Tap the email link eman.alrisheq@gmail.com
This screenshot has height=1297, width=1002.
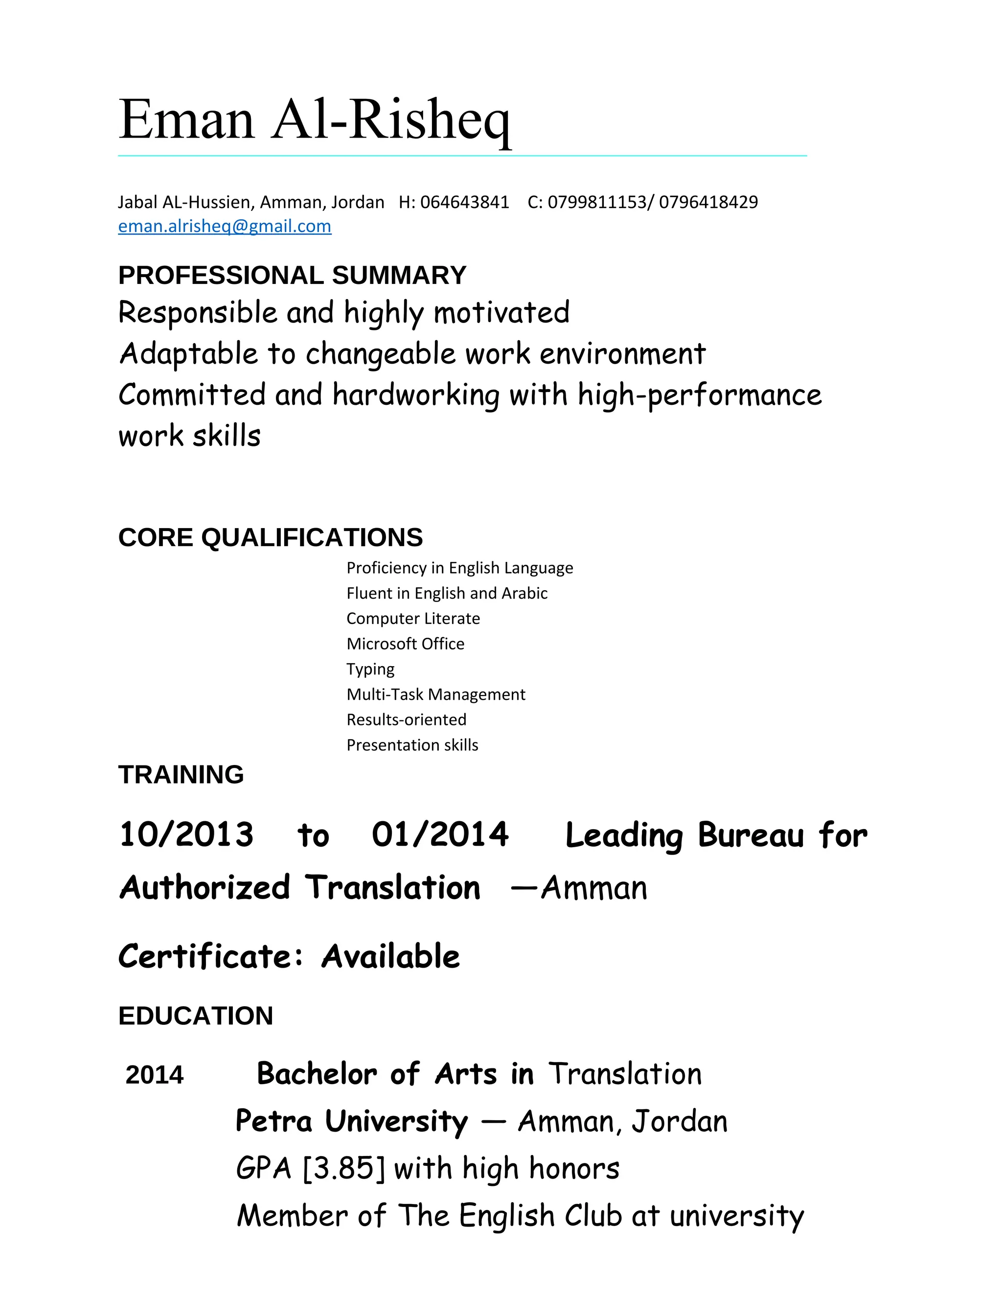tap(225, 226)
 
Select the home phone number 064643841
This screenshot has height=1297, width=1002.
tap(464, 203)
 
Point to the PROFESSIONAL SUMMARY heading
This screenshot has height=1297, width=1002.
tap(292, 276)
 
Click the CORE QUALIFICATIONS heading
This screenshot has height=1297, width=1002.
tap(270, 537)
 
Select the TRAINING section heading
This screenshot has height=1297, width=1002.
tap(181, 774)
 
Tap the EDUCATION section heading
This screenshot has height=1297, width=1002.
tap(195, 1016)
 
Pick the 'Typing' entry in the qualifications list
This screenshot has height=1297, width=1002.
tap(370, 669)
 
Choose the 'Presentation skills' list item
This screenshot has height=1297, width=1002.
tap(412, 745)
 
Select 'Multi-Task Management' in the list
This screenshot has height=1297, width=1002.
tap(436, 694)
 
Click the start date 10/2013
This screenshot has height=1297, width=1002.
tap(186, 834)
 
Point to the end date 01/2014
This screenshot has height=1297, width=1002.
tap(440, 834)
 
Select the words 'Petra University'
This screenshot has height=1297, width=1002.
tap(351, 1121)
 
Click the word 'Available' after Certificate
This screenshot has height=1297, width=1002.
tap(390, 957)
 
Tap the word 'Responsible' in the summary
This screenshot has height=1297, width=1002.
tap(198, 312)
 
